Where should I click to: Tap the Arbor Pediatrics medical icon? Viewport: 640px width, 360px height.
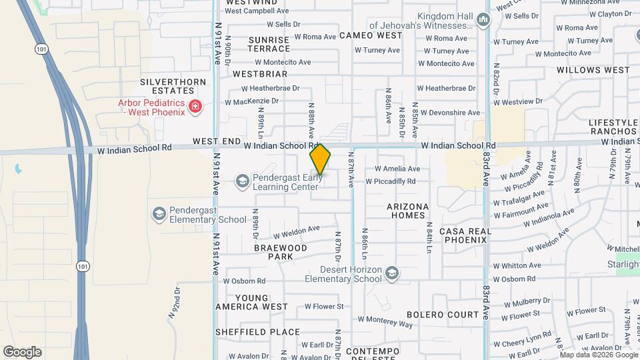[195, 107]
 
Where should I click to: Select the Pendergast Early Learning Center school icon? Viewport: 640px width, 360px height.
[242, 181]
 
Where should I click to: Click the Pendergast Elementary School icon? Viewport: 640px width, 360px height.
[159, 214]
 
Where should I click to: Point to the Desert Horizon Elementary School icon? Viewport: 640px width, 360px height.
[392, 273]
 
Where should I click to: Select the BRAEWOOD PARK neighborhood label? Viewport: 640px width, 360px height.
[281, 252]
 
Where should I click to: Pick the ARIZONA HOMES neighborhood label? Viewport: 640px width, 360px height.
[406, 211]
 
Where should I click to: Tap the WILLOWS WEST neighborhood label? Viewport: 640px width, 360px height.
[593, 70]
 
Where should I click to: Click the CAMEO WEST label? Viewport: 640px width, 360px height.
[371, 35]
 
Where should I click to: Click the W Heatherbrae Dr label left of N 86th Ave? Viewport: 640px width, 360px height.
[271, 88]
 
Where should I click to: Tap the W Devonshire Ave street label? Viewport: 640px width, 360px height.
[449, 113]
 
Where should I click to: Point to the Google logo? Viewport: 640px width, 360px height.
[22, 351]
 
